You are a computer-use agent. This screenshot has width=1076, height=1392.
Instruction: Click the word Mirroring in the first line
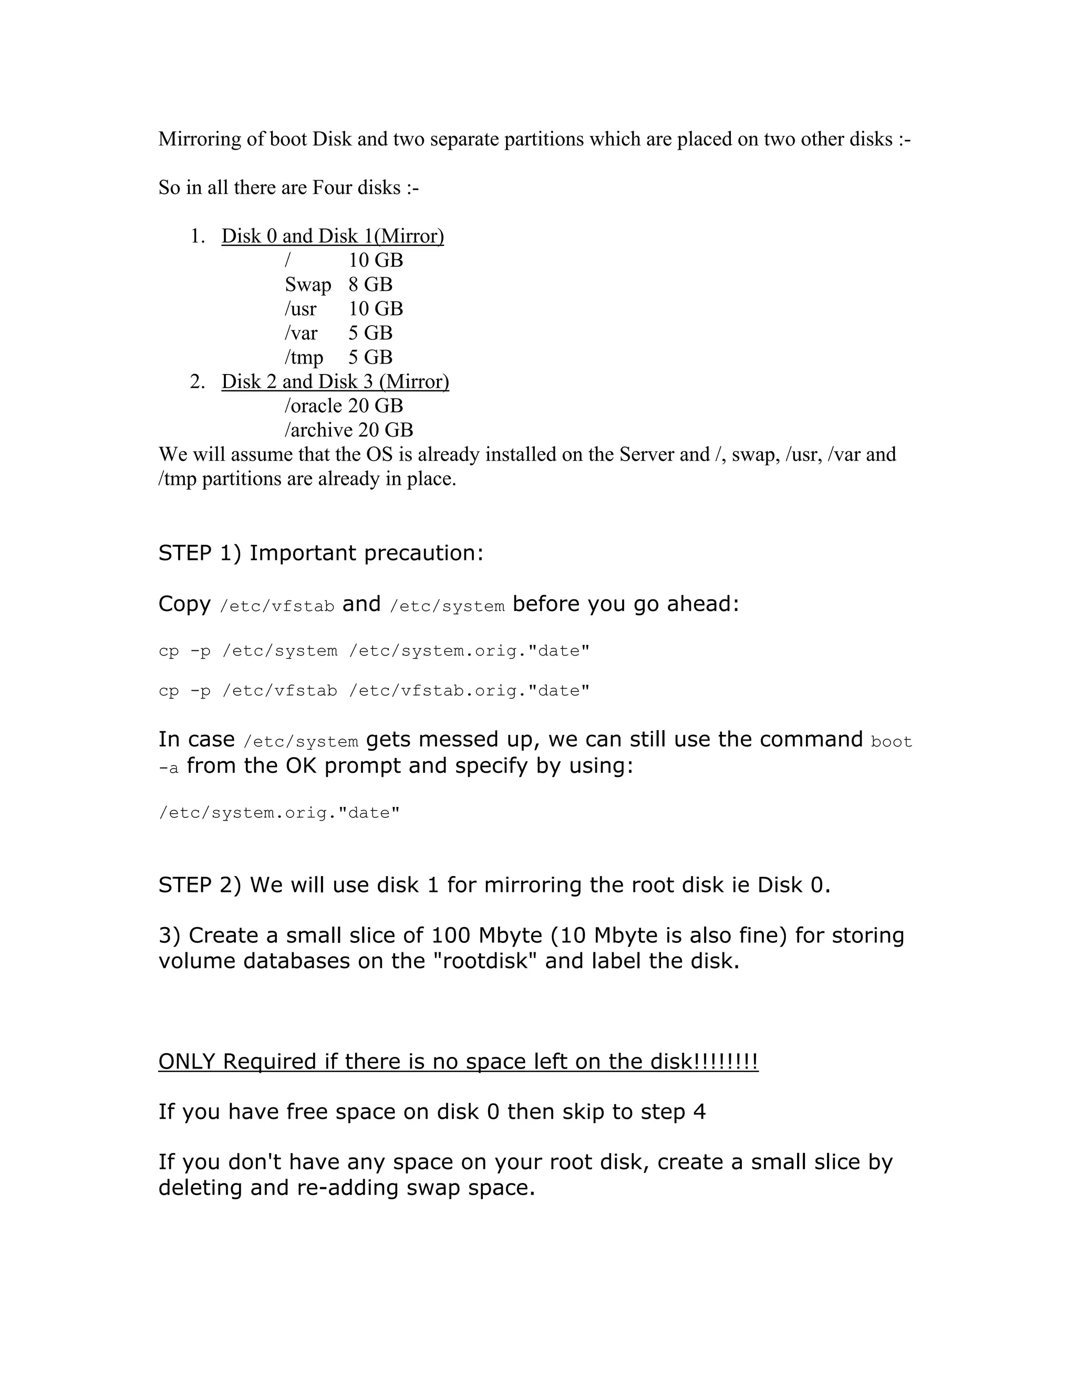[x=200, y=139]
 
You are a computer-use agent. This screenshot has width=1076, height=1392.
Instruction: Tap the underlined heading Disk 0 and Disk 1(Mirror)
[x=332, y=236]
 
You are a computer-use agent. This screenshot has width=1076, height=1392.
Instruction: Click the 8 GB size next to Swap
[x=370, y=285]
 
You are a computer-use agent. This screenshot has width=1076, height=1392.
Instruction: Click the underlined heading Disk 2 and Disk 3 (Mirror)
[x=335, y=382]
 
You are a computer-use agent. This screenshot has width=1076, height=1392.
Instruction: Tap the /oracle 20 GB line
[x=344, y=406]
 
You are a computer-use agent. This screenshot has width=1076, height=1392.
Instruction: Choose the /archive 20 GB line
[x=349, y=430]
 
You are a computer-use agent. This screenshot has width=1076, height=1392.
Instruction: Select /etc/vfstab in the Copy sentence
[x=277, y=606]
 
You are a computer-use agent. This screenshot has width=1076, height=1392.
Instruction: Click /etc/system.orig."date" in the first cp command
[x=469, y=651]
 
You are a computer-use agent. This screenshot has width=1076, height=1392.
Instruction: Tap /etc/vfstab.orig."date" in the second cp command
[x=469, y=691]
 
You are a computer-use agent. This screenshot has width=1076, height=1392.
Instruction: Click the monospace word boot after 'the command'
[x=891, y=741]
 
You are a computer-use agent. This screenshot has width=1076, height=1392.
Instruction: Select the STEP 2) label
[x=200, y=885]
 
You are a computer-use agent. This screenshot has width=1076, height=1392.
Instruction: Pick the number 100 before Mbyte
[x=451, y=935]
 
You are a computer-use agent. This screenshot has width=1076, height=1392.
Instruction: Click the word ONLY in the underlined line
[x=186, y=1061]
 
